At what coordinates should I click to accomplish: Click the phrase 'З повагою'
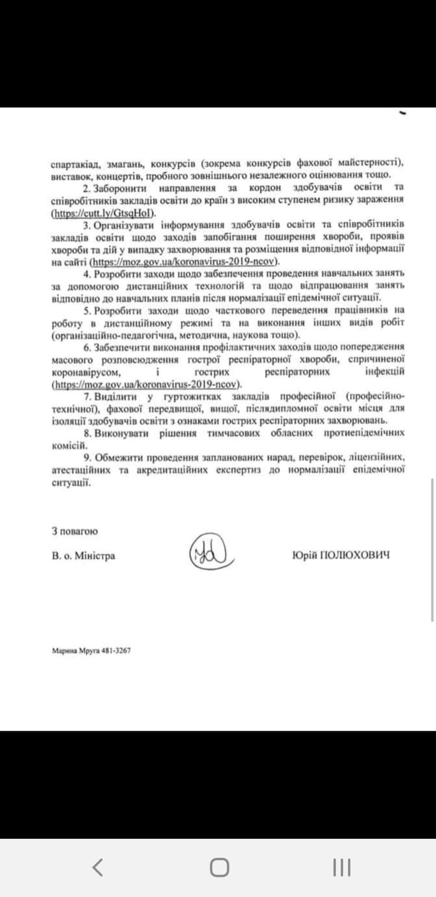[75, 531]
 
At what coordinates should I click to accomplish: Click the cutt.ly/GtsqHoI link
[104, 213]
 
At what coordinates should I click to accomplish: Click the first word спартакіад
[72, 163]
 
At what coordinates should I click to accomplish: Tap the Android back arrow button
[98, 867]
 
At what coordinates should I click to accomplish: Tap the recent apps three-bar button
[341, 867]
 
